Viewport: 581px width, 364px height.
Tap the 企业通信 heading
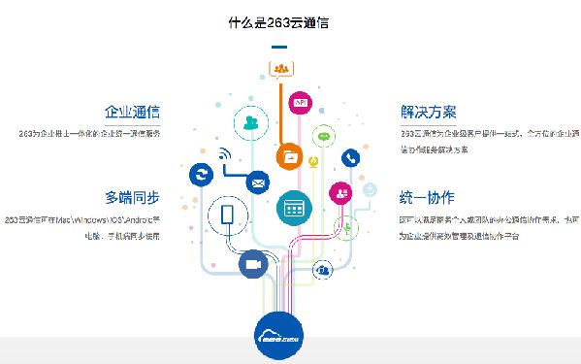coord(132,112)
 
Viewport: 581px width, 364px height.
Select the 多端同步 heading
coord(132,198)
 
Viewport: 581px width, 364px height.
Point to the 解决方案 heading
coord(428,112)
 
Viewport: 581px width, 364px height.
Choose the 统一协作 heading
coord(427,198)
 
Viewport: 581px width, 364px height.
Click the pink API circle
coord(301,102)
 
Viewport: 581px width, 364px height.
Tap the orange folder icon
coord(289,155)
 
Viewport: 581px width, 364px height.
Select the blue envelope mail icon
coord(258,182)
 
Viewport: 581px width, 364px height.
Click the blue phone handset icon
coord(350,157)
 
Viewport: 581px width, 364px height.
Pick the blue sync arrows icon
coord(202,175)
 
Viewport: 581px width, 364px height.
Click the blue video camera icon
coord(253,264)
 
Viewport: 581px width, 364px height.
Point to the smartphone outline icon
coord(230,215)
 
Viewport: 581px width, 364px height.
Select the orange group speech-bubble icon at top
coord(281,69)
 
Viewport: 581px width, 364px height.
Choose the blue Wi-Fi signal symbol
coord(225,154)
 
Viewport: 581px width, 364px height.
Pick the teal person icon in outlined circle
coord(252,123)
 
